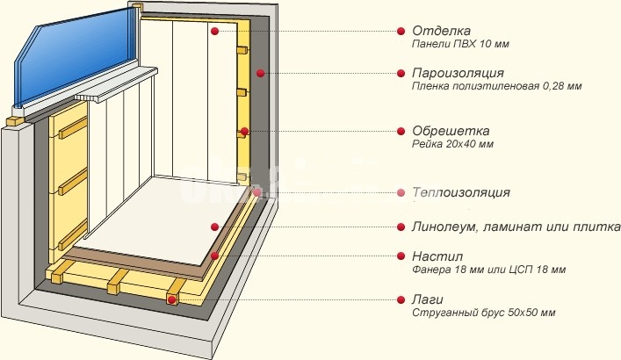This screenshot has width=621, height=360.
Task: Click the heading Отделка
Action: [x=441, y=31]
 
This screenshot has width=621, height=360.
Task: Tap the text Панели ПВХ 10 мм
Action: [x=460, y=44]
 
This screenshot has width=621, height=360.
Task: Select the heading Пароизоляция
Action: [x=458, y=73]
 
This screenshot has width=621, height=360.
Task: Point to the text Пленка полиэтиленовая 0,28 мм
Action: [x=496, y=86]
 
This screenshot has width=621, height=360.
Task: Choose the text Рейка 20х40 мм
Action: [x=452, y=143]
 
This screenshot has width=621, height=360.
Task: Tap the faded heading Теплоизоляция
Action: [x=461, y=192]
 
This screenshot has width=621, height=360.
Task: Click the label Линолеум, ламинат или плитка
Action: [x=516, y=227]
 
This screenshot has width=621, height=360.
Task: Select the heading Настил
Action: [x=437, y=256]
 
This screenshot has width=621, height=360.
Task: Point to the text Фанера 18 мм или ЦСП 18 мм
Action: [x=488, y=270]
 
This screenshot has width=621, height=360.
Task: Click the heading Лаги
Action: [x=428, y=299]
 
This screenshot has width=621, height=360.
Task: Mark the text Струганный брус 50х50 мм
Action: [x=484, y=313]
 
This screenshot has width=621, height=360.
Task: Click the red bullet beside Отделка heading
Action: [x=401, y=31]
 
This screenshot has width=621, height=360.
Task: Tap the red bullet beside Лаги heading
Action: [x=401, y=299]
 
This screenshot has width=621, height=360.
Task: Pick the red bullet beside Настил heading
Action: [x=401, y=256]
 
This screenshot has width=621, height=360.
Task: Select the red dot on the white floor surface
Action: [x=214, y=227]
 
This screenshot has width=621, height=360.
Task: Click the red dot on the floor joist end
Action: [x=171, y=299]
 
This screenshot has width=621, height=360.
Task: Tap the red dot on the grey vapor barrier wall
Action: [x=260, y=73]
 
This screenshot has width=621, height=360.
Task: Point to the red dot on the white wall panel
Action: [x=214, y=31]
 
